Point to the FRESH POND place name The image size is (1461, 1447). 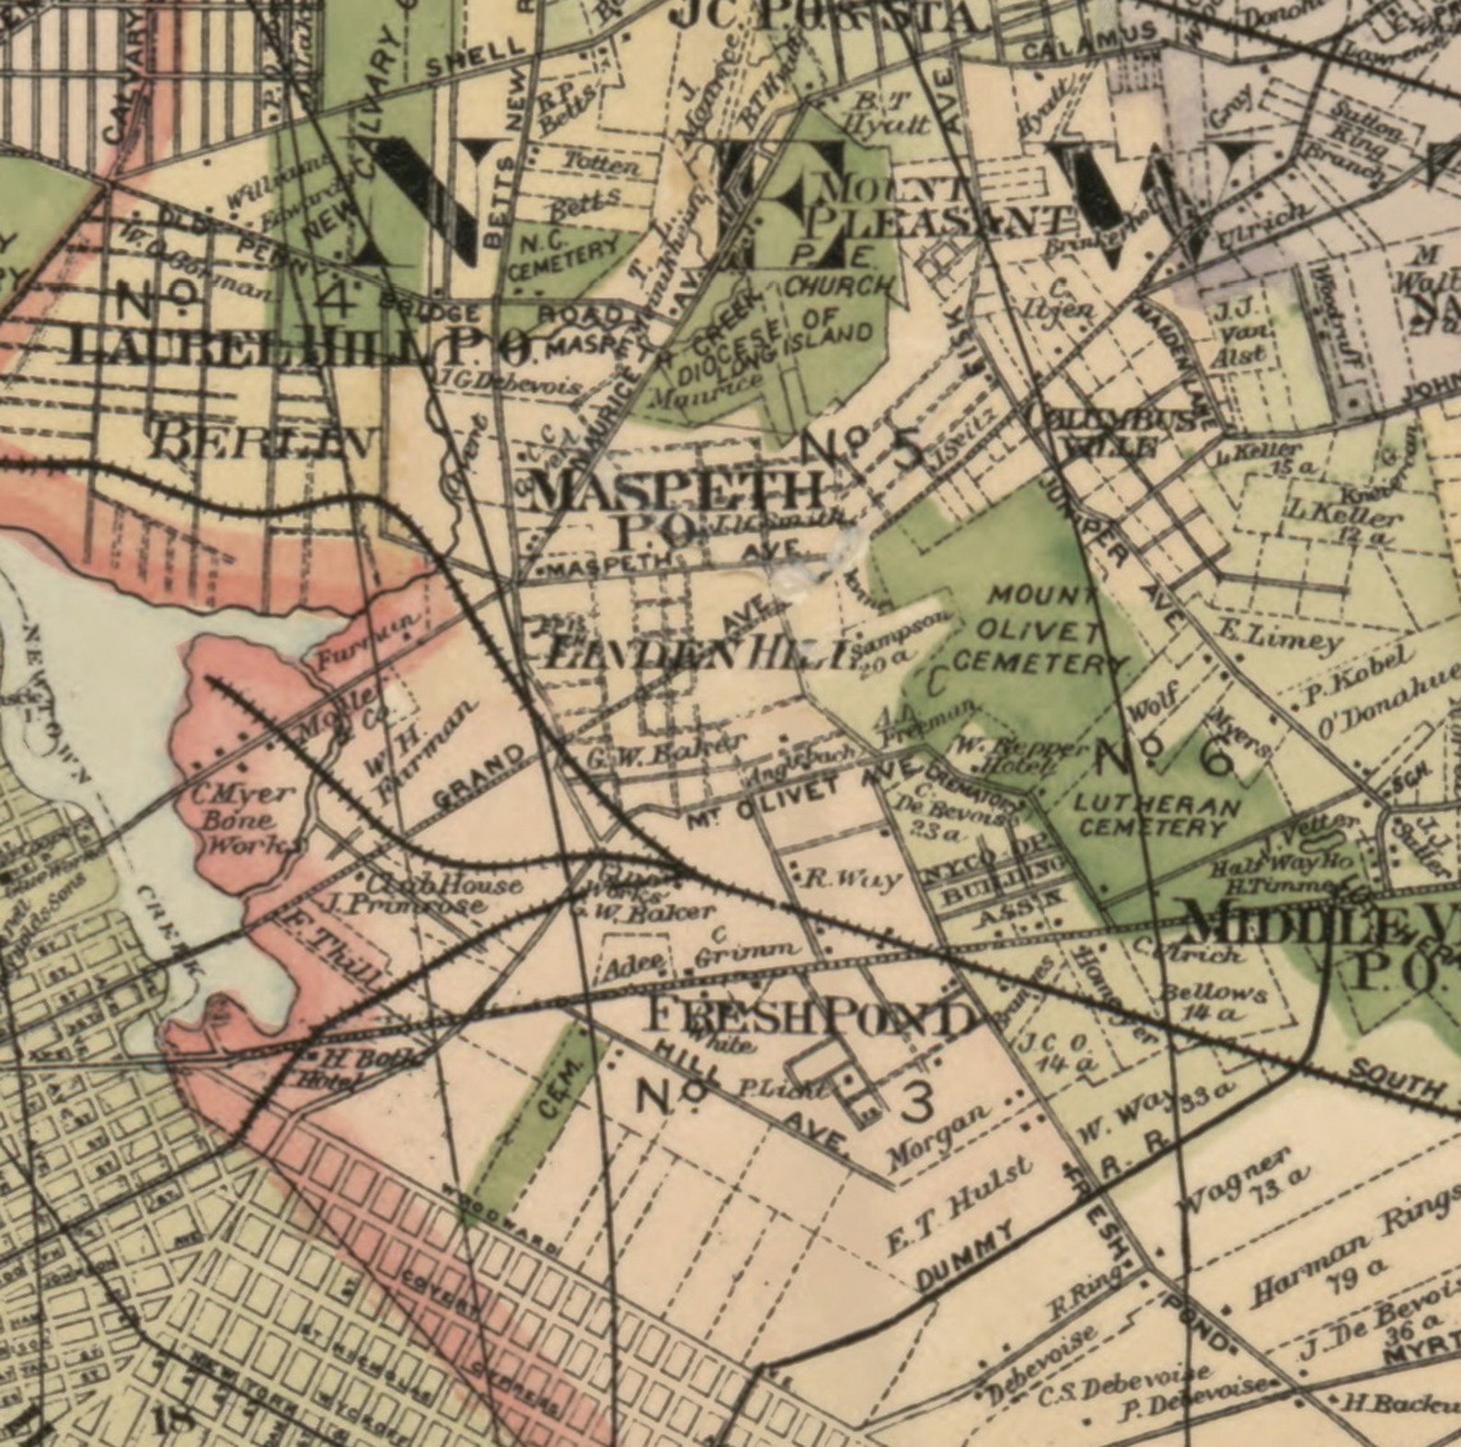[x=810, y=1017]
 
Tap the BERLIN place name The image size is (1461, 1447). [x=263, y=442]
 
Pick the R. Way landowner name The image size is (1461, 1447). [x=852, y=879]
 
